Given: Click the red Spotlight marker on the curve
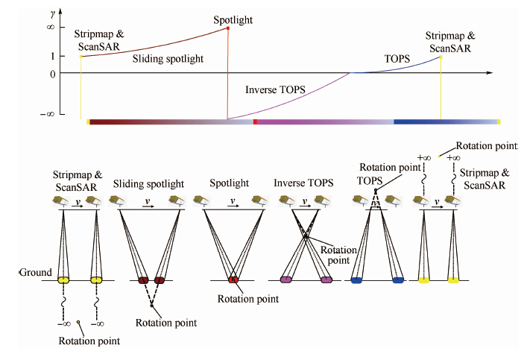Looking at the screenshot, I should click(227, 28).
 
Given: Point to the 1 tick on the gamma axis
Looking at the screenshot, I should click(73, 56).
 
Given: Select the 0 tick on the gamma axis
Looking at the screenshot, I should click(73, 73).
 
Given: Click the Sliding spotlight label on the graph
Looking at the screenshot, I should click(168, 58).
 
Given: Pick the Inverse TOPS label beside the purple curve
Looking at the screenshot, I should click(275, 89).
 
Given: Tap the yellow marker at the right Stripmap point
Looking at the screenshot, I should click(441, 57).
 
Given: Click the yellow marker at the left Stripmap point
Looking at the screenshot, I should click(81, 57).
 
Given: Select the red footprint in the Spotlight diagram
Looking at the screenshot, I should click(233, 280).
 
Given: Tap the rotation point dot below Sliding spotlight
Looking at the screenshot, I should click(151, 306).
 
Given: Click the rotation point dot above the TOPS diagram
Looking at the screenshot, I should click(375, 192).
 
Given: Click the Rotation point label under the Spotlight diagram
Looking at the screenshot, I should click(247, 299).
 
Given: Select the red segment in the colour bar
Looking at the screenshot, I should click(256, 121).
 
